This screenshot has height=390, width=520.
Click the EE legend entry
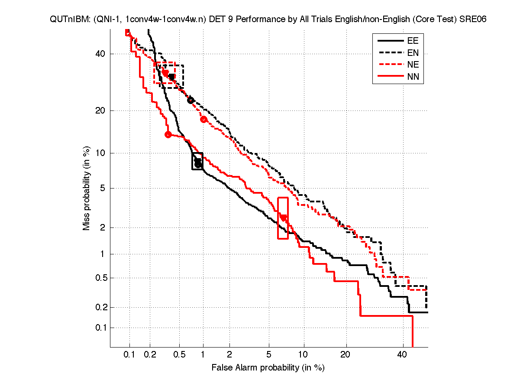point(412,41)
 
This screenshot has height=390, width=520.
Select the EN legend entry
point(412,53)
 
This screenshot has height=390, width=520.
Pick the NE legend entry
point(412,65)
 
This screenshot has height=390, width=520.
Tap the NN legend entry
point(412,77)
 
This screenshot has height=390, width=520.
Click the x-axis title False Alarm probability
point(268,368)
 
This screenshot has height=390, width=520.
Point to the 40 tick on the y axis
point(100,54)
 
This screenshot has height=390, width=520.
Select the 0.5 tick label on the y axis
point(99,278)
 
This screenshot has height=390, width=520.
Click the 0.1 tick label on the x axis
point(129,355)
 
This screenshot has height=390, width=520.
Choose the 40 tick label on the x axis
point(403,355)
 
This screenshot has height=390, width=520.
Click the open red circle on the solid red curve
point(168,134)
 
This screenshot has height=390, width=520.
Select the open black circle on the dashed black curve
point(190,100)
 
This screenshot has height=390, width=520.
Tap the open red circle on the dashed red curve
point(203,119)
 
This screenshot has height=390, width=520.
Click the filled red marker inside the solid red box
point(283,218)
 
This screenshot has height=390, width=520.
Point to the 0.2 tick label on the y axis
point(99,307)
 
